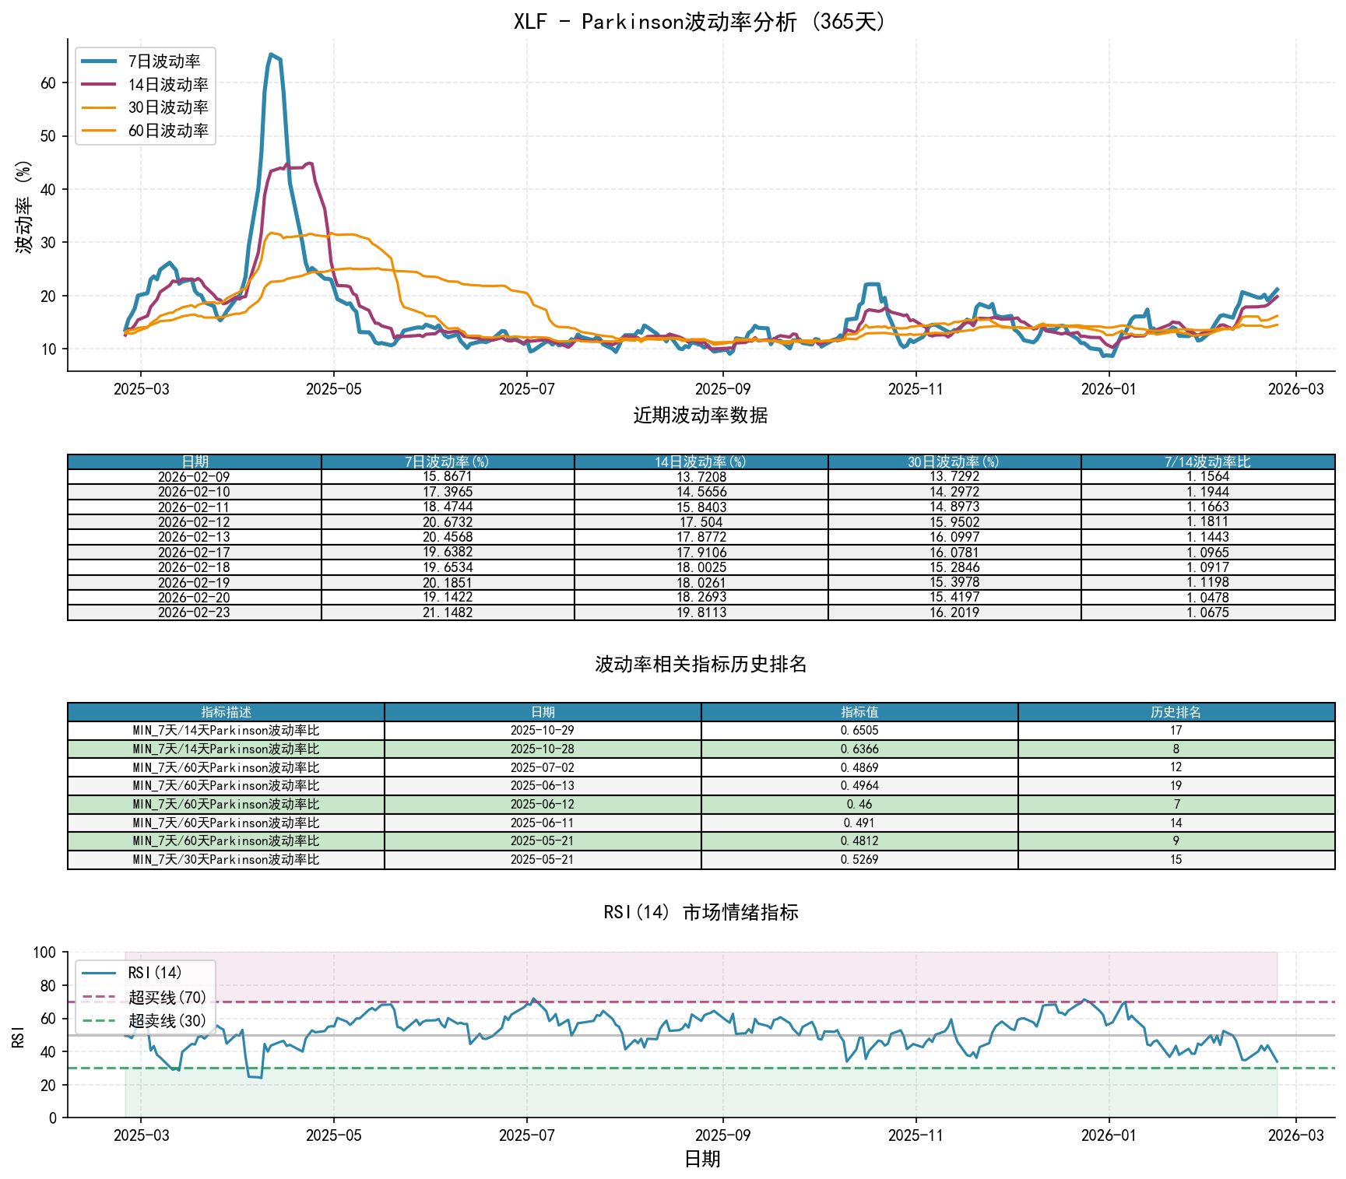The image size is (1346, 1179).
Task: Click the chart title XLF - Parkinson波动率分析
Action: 700,21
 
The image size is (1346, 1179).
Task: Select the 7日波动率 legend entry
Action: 163,61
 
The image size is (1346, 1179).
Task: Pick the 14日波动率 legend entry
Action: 167,85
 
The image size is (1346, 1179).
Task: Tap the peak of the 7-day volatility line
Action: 270,54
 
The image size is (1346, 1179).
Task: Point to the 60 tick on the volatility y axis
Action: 48,83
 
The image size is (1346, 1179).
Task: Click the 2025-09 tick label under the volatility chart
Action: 722,389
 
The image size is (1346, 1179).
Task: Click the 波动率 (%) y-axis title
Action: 24,206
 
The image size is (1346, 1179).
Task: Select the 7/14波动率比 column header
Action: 1207,462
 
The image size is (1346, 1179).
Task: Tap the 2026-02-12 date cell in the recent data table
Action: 194,522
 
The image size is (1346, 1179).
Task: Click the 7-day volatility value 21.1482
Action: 448,612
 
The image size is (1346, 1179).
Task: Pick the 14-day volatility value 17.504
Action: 701,522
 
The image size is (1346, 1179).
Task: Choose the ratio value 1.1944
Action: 1207,492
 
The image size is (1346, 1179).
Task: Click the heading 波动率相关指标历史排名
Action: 700,664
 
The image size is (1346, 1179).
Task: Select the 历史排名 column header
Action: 1176,712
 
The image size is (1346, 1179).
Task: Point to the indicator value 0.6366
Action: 859,749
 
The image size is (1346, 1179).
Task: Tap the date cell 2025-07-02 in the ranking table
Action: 543,767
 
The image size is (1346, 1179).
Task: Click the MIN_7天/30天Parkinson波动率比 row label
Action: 226,859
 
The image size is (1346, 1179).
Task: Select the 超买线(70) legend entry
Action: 167,997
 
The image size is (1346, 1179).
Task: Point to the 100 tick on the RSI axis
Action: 45,953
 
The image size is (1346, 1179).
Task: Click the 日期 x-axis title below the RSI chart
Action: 701,1159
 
